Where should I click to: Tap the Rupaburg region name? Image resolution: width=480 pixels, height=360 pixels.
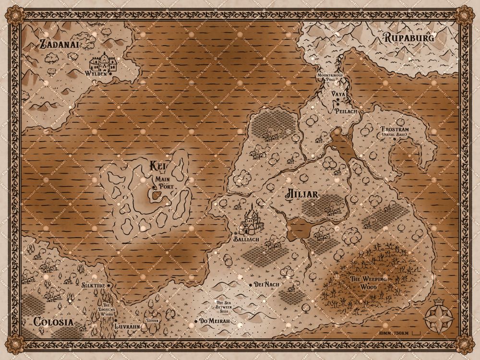409,38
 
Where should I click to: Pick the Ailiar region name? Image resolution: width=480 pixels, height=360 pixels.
302,194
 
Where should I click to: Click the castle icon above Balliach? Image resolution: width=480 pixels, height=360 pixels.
253,220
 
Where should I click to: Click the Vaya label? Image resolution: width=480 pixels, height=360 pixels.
338,95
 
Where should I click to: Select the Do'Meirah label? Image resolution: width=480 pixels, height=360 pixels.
215,321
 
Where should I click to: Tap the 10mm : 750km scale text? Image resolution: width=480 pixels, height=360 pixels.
393,333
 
